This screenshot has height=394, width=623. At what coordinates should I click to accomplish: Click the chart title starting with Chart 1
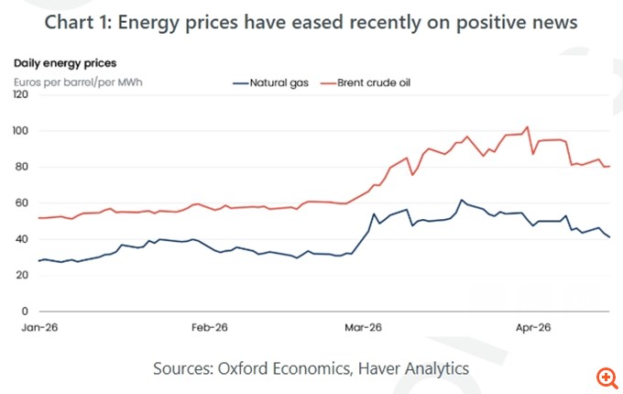pos(311,22)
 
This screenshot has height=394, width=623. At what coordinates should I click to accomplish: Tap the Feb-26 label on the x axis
pos(210,327)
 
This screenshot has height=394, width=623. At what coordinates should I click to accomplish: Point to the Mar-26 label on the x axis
pos(364,327)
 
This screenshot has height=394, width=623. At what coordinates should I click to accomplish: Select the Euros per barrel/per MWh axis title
pos(78,82)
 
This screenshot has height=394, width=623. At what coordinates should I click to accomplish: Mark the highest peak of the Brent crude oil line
pos(527,126)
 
